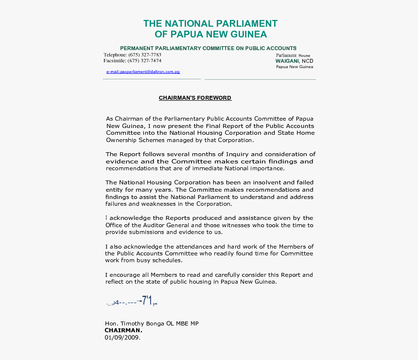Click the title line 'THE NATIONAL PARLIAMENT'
[x=210, y=24]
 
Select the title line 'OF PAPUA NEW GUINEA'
[x=210, y=35]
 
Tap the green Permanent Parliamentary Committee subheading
[x=208, y=48]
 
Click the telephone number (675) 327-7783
[x=145, y=55]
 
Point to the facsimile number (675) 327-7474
[x=145, y=61]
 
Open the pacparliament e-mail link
[x=143, y=72]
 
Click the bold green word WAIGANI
[x=287, y=61]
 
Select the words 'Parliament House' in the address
[x=293, y=55]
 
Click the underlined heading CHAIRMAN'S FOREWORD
[x=195, y=98]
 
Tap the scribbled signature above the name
[x=132, y=302]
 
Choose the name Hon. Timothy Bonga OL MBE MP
[x=152, y=324]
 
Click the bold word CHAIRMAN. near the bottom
[x=123, y=330]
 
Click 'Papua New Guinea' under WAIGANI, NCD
[x=295, y=67]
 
